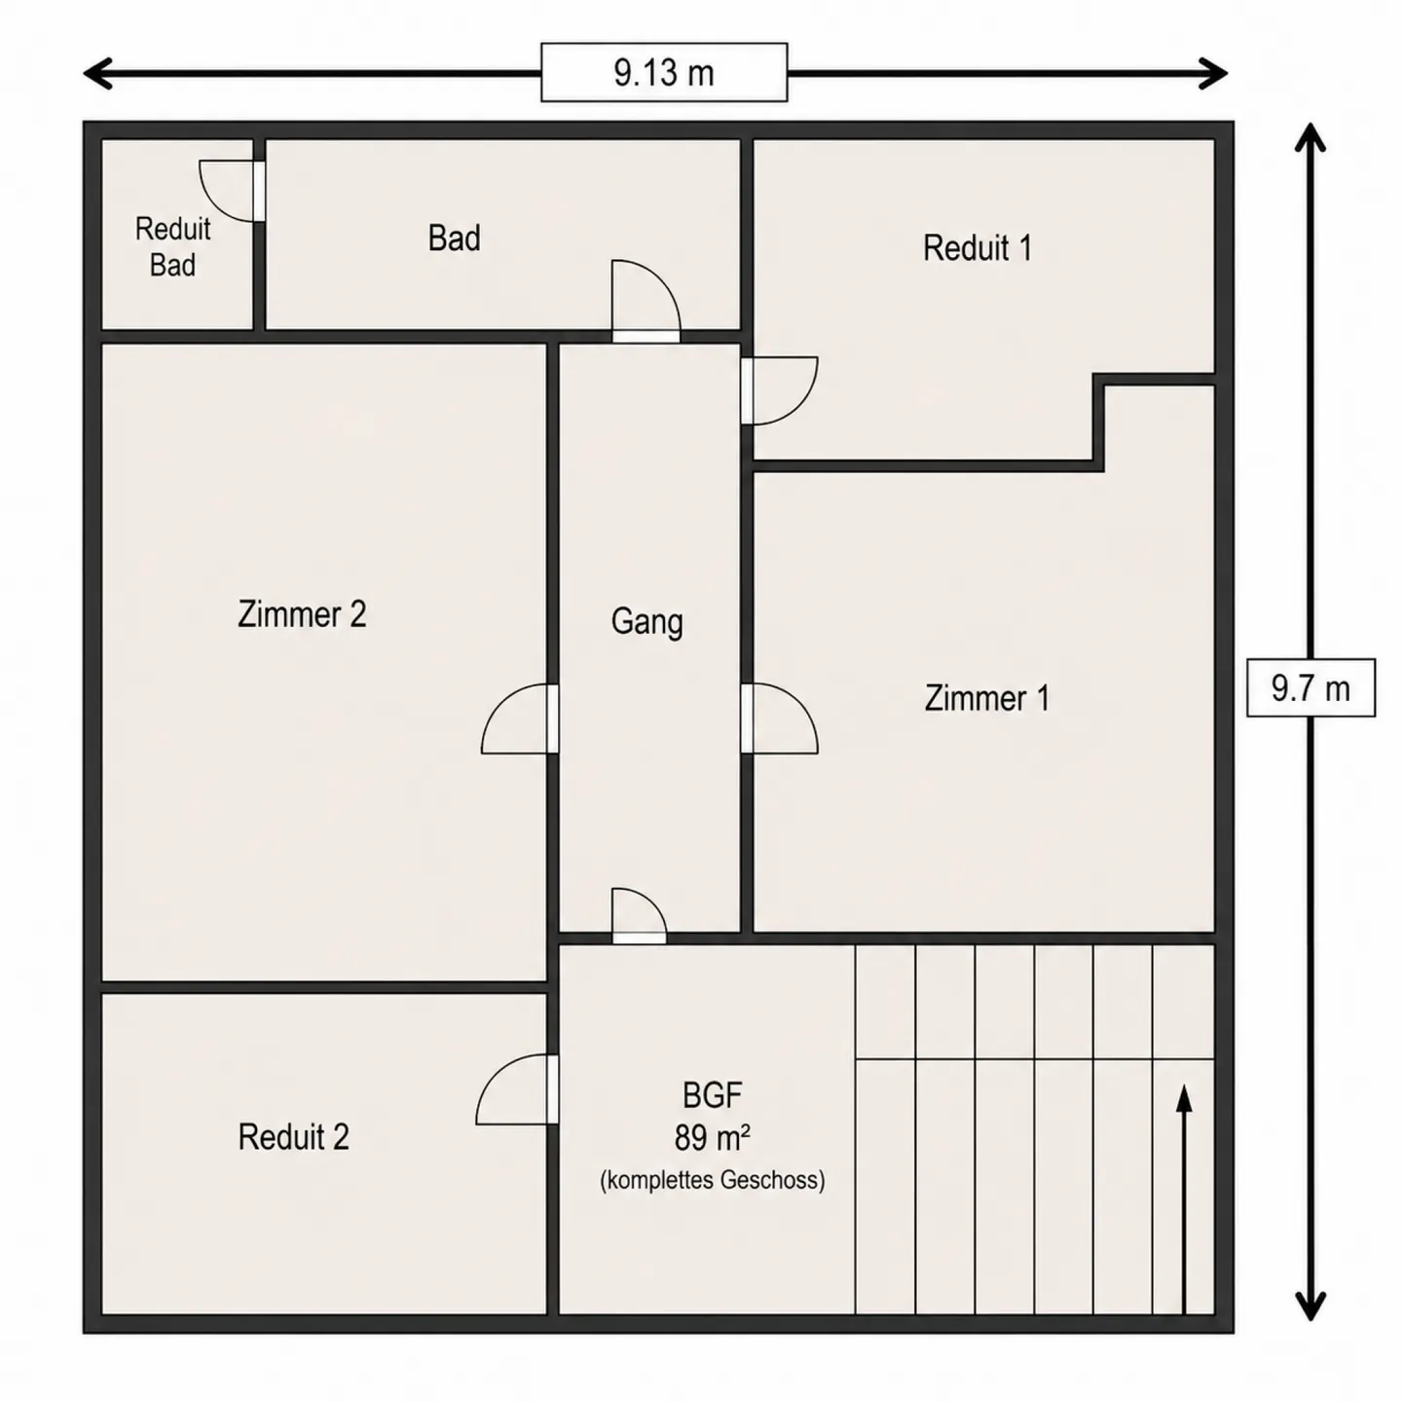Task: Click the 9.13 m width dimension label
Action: click(x=664, y=73)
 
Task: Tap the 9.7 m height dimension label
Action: click(x=1310, y=687)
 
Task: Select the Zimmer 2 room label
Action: click(x=302, y=614)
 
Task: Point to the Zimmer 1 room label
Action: click(x=987, y=698)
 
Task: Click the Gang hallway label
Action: click(x=646, y=623)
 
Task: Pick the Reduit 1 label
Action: click(x=978, y=248)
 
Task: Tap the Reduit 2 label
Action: click(x=293, y=1137)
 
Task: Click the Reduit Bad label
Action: click(x=172, y=246)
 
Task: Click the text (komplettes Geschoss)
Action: click(x=713, y=1180)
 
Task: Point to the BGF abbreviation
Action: click(x=713, y=1095)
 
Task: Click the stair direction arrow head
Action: click(x=1185, y=1098)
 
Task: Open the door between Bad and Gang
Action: click(x=646, y=301)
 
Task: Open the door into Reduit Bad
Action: click(x=232, y=192)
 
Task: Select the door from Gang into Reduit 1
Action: click(x=779, y=390)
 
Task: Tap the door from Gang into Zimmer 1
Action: click(x=779, y=719)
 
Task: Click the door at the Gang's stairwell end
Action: click(x=639, y=916)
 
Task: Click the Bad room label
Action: click(x=454, y=239)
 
